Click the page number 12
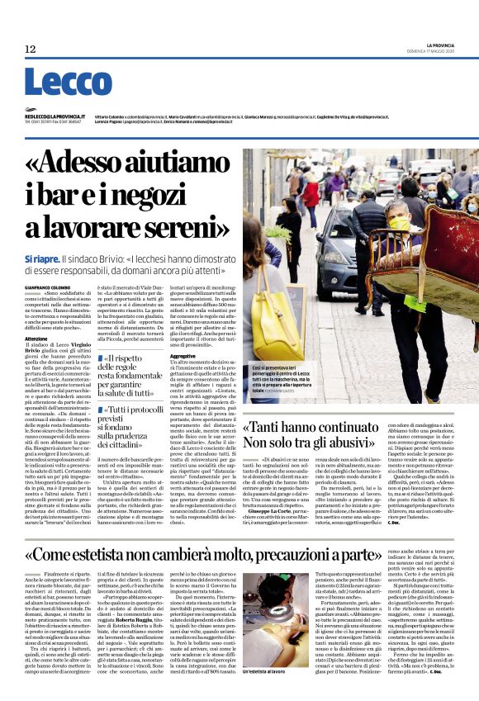coord(31,50)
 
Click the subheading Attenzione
coord(36,338)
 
